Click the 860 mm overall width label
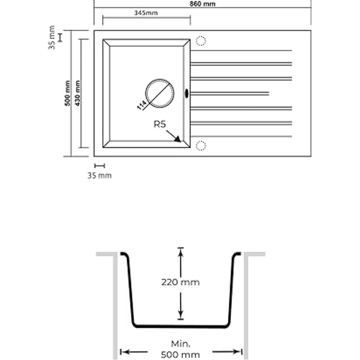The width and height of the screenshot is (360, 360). (x=202, y=4)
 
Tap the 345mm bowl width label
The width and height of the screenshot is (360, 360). (x=146, y=13)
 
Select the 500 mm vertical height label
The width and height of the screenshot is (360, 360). (x=67, y=93)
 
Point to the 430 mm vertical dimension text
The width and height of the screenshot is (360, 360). (x=78, y=93)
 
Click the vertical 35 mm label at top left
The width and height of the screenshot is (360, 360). (x=52, y=38)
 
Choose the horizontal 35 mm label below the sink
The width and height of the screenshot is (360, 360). (x=99, y=176)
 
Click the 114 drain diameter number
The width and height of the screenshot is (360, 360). (x=142, y=105)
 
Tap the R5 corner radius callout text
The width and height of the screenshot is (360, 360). (x=159, y=124)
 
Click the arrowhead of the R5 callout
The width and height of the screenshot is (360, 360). (x=178, y=139)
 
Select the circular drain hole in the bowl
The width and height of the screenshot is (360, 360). (x=159, y=79)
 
